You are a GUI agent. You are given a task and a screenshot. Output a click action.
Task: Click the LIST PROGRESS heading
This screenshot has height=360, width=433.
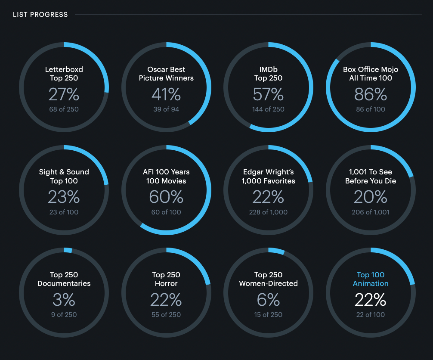pyautogui.click(x=40, y=15)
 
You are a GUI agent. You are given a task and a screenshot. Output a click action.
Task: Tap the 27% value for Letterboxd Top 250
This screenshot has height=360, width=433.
pyautogui.click(x=64, y=94)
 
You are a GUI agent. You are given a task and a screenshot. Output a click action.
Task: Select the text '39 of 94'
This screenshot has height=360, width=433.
pyautogui.click(x=166, y=109)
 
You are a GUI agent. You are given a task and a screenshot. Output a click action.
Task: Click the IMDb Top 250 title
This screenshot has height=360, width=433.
pyautogui.click(x=268, y=74)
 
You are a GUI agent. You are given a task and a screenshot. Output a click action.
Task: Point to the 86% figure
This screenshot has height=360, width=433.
pyautogui.click(x=371, y=94)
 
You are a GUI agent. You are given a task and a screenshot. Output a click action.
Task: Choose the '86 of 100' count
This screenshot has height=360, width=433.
pyautogui.click(x=371, y=109)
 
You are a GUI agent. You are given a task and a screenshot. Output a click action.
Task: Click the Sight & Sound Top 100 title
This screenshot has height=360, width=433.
pyautogui.click(x=64, y=176)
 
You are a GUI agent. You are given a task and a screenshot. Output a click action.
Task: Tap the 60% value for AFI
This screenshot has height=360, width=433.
pyautogui.click(x=166, y=197)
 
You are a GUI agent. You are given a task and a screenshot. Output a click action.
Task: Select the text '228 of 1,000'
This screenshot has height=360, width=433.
pyautogui.click(x=268, y=212)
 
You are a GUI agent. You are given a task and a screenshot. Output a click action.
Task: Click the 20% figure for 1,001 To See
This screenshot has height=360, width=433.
pyautogui.click(x=371, y=197)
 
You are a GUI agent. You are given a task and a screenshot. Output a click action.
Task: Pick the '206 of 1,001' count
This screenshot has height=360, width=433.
pyautogui.click(x=371, y=212)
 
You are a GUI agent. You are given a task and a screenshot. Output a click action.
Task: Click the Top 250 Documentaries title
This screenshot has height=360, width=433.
pyautogui.click(x=64, y=279)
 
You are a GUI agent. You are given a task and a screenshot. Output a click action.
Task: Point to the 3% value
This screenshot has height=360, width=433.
pyautogui.click(x=64, y=299)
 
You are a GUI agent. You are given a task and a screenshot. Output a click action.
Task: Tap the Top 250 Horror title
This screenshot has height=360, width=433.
pyautogui.click(x=166, y=279)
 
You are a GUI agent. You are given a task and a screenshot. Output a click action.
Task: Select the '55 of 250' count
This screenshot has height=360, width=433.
pyautogui.click(x=166, y=314)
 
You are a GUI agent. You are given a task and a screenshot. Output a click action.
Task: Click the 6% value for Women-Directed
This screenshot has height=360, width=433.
pyautogui.click(x=268, y=299)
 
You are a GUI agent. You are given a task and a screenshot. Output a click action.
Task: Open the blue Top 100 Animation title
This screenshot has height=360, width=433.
pyautogui.click(x=371, y=279)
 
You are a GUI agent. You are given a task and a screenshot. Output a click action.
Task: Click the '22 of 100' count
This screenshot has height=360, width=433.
pyautogui.click(x=371, y=314)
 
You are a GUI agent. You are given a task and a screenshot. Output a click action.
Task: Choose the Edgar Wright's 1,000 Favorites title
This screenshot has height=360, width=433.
pyautogui.click(x=268, y=176)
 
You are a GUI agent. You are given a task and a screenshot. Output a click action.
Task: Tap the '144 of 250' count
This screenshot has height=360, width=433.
pyautogui.click(x=268, y=109)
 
